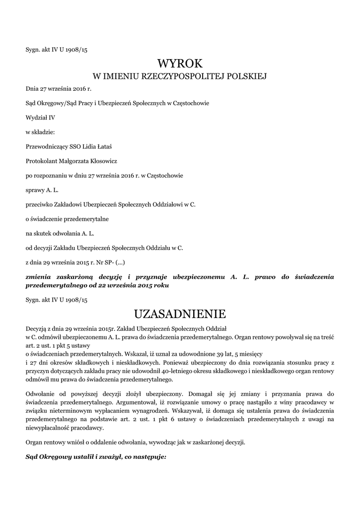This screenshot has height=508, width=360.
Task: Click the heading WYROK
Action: (180, 63)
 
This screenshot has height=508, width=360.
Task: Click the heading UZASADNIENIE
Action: (180, 314)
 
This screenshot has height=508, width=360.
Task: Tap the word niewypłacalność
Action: (50, 428)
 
